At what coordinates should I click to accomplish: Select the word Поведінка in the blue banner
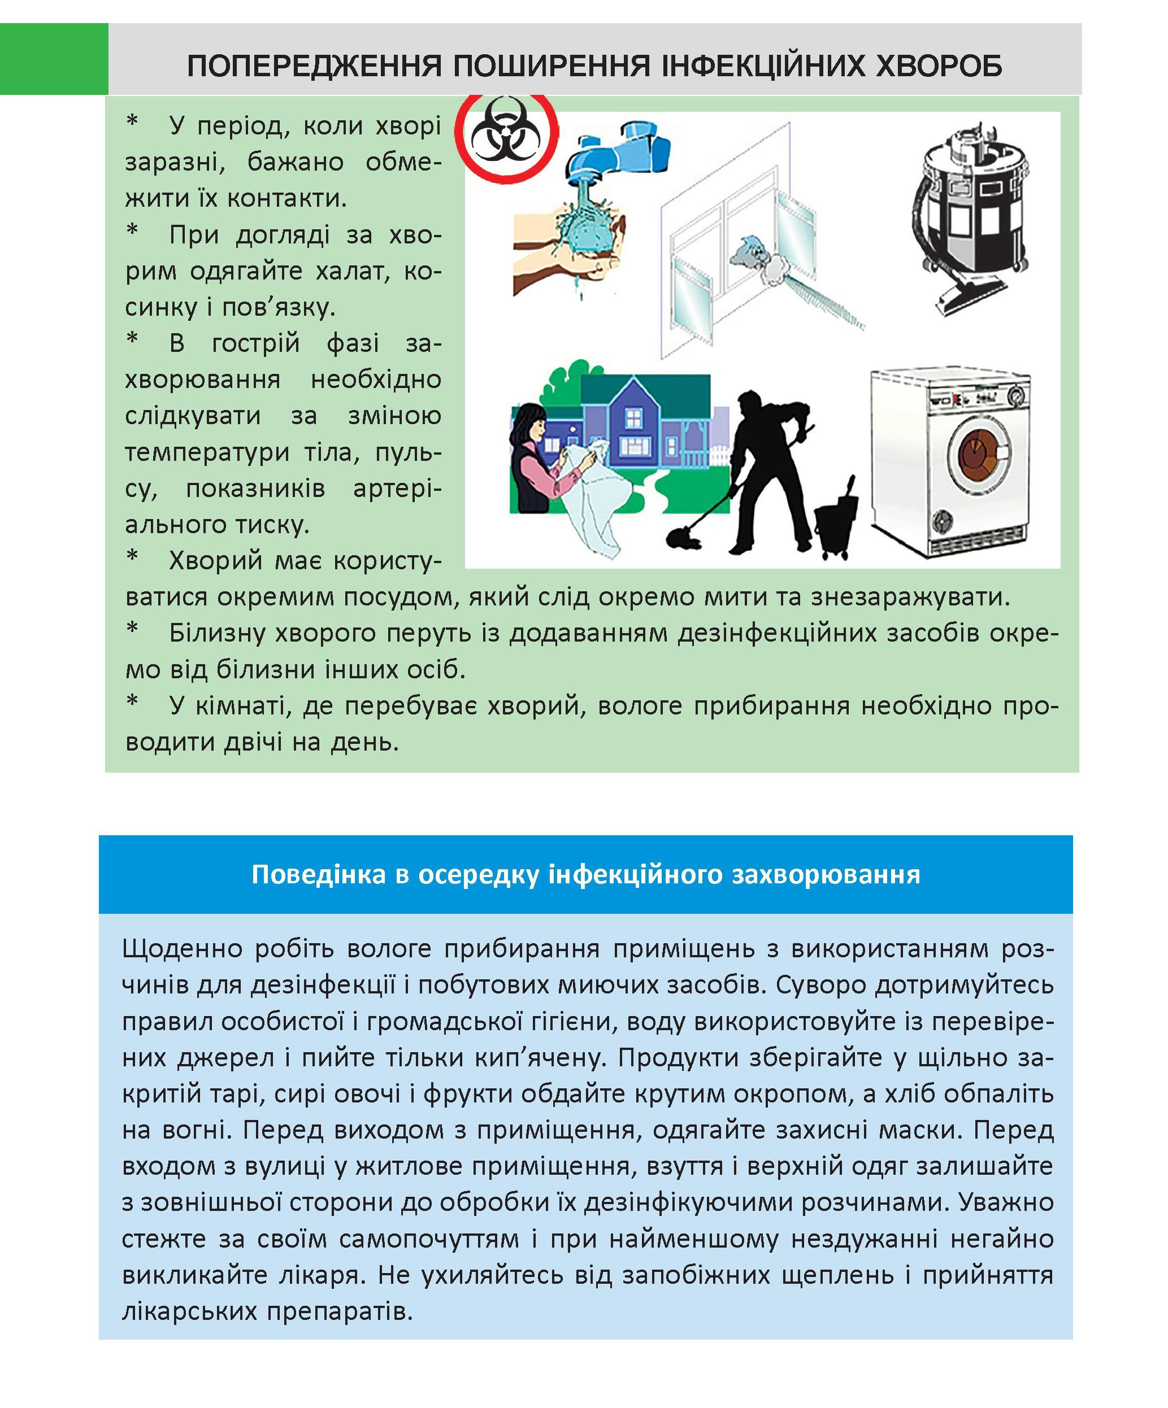[318, 874]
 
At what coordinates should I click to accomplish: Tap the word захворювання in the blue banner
[825, 874]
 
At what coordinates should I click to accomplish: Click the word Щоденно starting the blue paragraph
[182, 949]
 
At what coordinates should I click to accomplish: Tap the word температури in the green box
[207, 452]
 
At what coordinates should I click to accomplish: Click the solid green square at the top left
[54, 59]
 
